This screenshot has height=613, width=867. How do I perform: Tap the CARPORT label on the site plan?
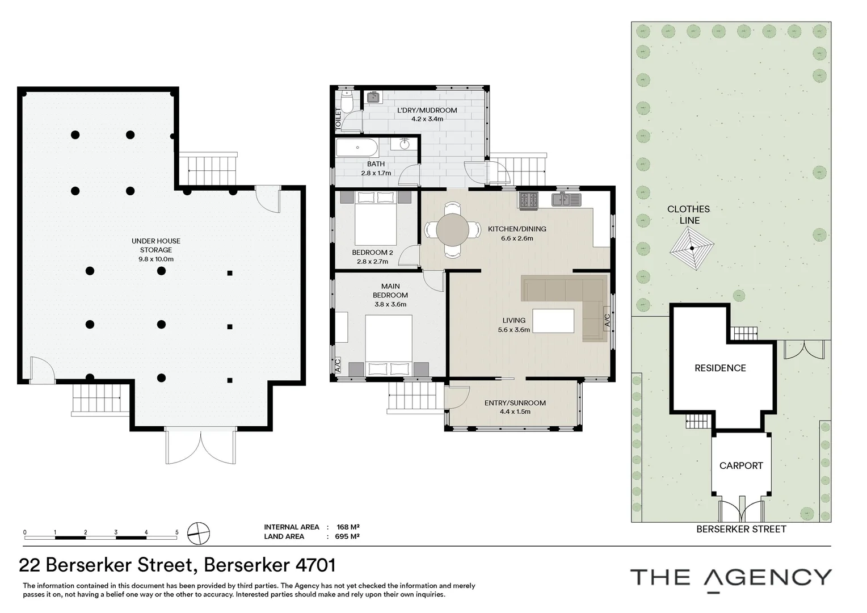740,465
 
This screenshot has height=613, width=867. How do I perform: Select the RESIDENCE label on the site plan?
720,368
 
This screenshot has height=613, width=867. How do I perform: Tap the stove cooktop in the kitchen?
529,200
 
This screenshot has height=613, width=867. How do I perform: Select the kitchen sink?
566,200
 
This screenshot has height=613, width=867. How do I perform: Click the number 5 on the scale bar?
177,532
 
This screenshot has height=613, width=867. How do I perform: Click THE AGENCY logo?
731,578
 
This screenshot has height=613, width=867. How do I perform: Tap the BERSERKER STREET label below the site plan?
741,529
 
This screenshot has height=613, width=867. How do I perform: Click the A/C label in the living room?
607,321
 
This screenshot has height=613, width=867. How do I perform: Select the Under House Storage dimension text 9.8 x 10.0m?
155,259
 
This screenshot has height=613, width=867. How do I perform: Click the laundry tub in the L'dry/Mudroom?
373,98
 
